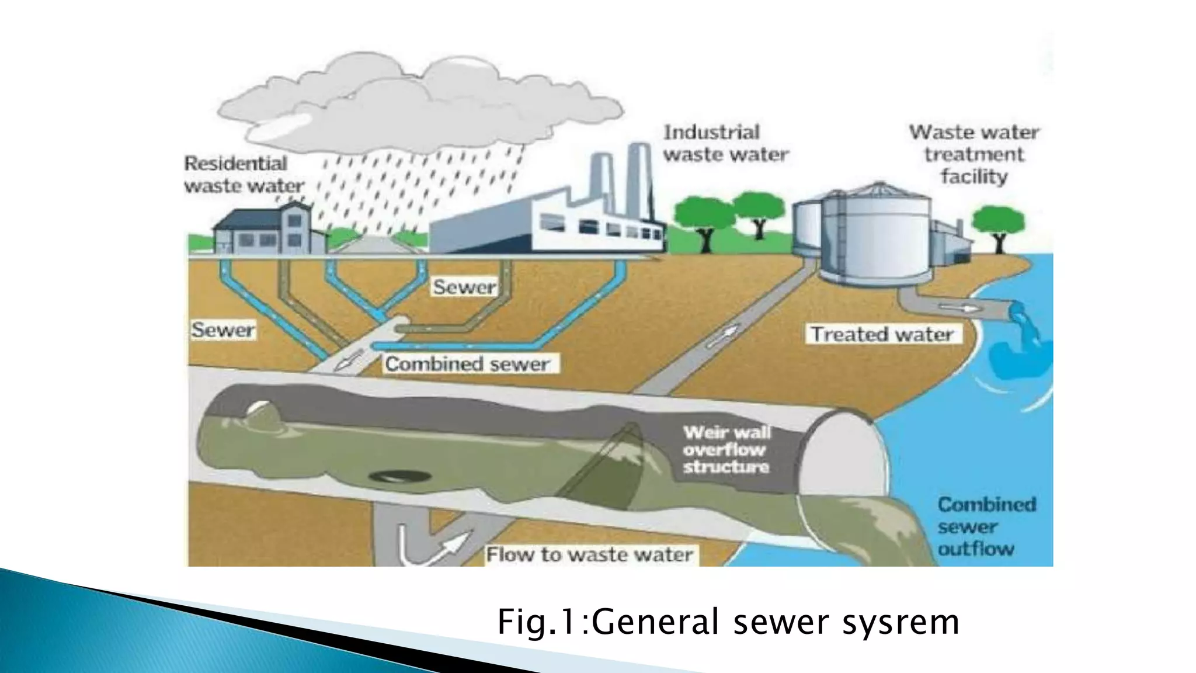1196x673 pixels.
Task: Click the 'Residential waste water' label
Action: coord(244,174)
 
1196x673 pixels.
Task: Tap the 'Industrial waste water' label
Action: coord(725,144)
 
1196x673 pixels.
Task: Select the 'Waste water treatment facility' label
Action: coord(974,154)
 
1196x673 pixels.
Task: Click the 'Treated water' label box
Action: coord(882,334)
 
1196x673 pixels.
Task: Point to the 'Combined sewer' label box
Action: coord(468,364)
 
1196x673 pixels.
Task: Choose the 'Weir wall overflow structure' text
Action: coord(726,450)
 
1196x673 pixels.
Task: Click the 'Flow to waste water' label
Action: coord(590,554)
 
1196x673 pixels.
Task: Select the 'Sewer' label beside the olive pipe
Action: coord(464,287)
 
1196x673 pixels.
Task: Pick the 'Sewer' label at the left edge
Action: coord(223,330)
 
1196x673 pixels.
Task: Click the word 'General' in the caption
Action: coord(656,622)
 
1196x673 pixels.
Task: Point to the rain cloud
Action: coord(409,99)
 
